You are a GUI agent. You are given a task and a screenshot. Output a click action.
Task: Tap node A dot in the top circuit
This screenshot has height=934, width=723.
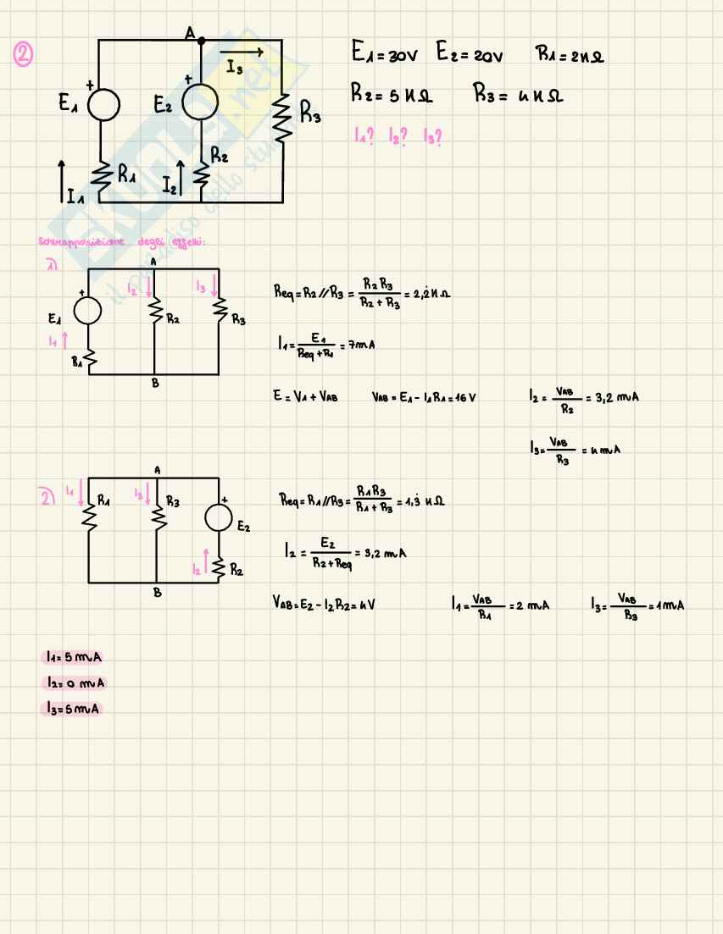click(201, 39)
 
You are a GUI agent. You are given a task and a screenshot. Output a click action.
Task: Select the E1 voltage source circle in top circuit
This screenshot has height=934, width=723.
click(100, 106)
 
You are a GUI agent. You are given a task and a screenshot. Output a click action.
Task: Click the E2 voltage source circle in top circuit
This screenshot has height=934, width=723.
click(201, 102)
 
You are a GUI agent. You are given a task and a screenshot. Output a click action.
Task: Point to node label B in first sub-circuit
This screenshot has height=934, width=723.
click(154, 383)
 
